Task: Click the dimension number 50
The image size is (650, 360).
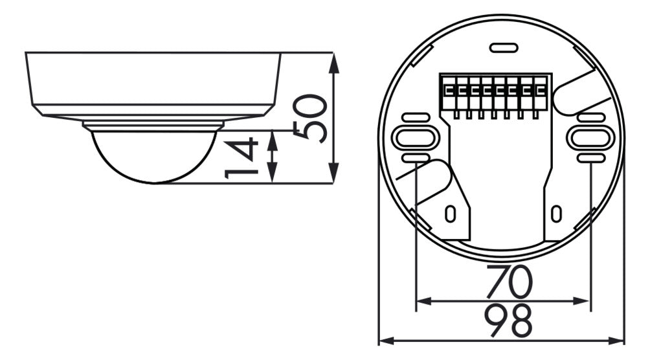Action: point(310,118)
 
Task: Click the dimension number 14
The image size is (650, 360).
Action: point(241,159)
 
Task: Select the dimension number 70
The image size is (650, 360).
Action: point(509,281)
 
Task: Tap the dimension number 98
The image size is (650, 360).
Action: point(509,321)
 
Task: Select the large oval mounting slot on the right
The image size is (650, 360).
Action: point(590,138)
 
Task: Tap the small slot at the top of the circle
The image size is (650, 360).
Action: point(504,48)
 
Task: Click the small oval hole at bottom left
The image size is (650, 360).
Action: point(450,214)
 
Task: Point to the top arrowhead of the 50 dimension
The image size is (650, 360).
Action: point(334,63)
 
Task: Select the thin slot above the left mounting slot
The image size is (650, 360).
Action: point(416,117)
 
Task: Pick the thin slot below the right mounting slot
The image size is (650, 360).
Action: point(590,158)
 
